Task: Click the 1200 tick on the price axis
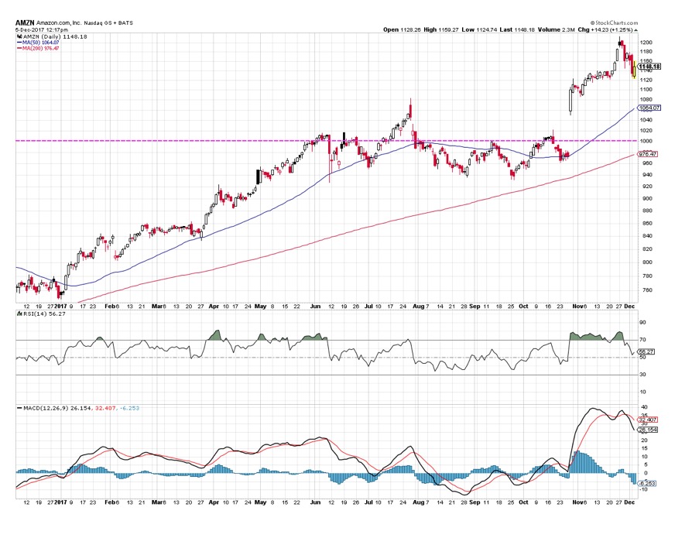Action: [645, 42]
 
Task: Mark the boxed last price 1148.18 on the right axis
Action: [648, 67]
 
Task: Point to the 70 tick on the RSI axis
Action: [642, 340]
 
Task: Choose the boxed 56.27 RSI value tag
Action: [645, 351]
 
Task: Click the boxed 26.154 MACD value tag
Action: [646, 429]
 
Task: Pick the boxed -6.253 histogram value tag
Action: [646, 482]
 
